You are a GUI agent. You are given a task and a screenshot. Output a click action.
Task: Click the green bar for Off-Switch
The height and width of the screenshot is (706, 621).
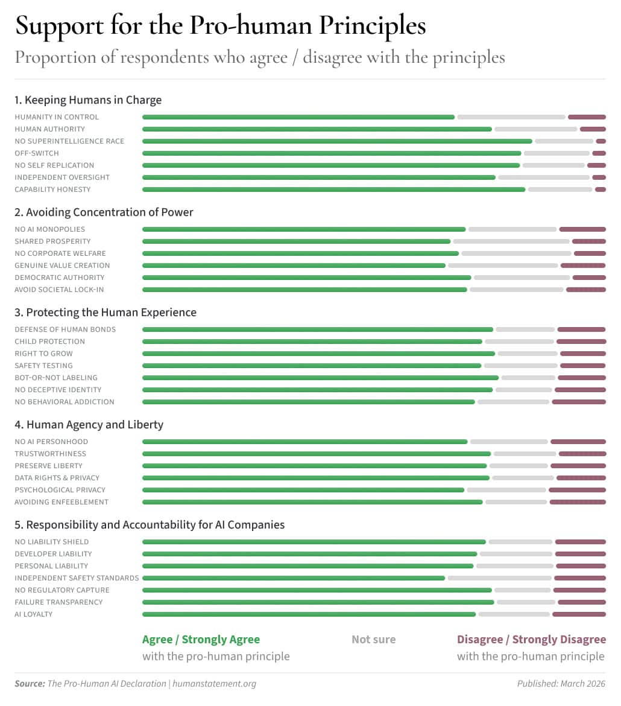click(332, 153)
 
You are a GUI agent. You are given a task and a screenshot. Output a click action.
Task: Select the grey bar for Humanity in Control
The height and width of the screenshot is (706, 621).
click(511, 117)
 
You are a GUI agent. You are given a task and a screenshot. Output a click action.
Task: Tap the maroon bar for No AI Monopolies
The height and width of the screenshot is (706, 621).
click(582, 229)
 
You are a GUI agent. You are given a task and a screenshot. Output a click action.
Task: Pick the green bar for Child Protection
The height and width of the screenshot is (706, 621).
click(312, 342)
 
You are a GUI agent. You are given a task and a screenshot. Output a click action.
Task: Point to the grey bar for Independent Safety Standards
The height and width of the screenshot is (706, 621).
click(499, 578)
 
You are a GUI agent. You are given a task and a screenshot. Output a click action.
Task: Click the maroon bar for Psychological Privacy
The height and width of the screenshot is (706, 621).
click(577, 490)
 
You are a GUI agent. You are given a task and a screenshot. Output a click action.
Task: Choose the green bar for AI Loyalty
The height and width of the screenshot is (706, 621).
click(309, 614)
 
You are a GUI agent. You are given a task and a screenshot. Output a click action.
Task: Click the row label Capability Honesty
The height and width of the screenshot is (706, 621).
click(52, 189)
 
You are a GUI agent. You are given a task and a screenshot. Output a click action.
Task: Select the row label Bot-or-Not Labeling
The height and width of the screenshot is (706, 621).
click(56, 378)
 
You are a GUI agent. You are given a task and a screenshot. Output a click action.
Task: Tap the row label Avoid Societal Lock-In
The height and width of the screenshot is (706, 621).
click(59, 290)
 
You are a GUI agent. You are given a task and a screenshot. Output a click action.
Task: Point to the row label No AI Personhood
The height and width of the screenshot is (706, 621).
click(51, 442)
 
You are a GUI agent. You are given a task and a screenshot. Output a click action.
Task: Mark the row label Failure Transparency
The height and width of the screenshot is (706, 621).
click(58, 602)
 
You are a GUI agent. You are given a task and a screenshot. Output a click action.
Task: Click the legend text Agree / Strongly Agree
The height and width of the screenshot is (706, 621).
click(201, 640)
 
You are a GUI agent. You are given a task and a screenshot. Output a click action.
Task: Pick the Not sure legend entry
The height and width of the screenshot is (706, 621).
click(374, 640)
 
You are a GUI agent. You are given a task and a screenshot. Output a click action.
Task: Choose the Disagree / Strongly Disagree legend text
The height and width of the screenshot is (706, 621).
click(531, 640)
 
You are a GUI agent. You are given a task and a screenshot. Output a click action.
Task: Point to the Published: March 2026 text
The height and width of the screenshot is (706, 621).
click(561, 684)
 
